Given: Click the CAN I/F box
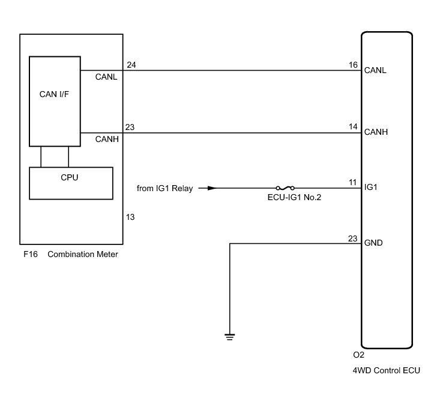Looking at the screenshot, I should pos(55,100).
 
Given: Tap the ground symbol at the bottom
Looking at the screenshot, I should pos(229,336).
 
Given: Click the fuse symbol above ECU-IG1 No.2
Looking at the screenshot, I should pos(284,188).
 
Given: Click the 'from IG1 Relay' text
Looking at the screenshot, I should pos(164,189).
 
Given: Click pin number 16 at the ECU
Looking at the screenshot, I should pos(353,64).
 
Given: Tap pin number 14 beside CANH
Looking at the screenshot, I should pos(353,127).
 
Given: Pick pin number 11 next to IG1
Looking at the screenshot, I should pos(353,182).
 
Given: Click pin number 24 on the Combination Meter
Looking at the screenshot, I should pos(131,64).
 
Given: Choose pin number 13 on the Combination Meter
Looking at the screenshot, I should pos(130,217).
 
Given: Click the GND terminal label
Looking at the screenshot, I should pos(373,243).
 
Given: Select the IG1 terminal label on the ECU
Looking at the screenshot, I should pos(370,188).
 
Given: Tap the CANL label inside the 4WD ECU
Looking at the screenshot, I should pos(375,70).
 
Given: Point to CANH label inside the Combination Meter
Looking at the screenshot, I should pos(106,139).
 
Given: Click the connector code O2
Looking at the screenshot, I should pos(358,354).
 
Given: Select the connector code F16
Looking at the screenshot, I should pos(30,255).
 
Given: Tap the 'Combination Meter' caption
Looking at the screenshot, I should pos(82,255).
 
